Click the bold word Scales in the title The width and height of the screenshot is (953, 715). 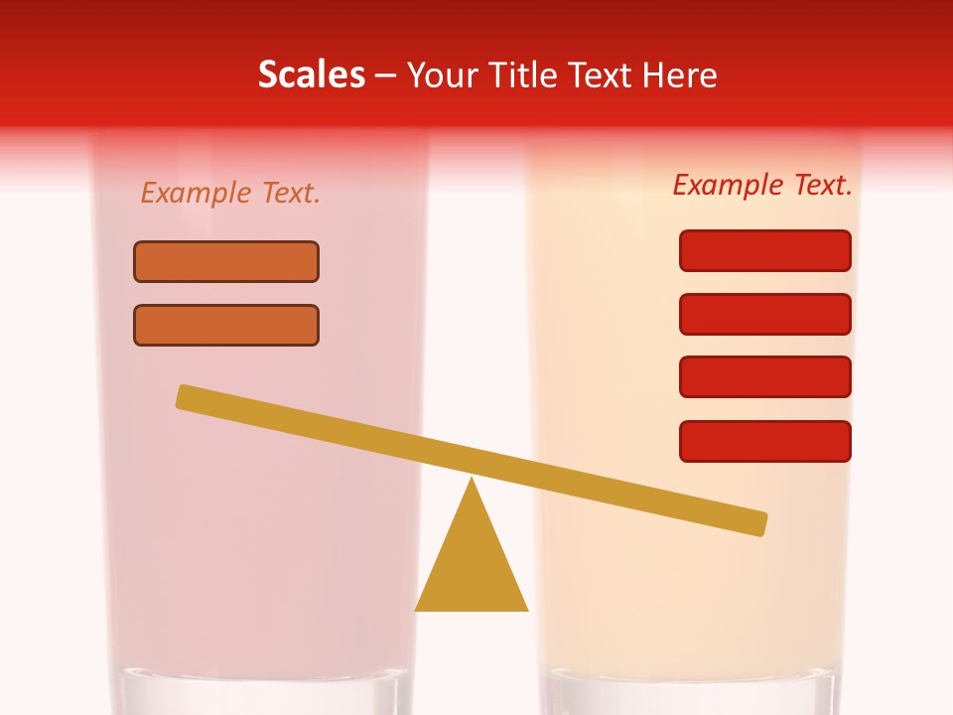tap(311, 75)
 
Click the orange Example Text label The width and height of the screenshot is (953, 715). tap(230, 193)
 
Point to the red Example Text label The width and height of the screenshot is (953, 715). tap(762, 185)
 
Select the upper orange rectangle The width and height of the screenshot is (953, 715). tap(226, 261)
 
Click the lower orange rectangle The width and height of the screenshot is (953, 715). tap(226, 325)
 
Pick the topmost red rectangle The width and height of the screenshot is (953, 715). tap(765, 250)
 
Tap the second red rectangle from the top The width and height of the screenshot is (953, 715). tap(765, 314)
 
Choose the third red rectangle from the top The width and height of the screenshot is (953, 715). tap(765, 377)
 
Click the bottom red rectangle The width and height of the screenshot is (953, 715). tap(765, 441)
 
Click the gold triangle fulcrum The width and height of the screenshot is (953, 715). tap(472, 566)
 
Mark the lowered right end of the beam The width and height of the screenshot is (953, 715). tap(758, 523)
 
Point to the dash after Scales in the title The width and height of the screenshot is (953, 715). tap(386, 75)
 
